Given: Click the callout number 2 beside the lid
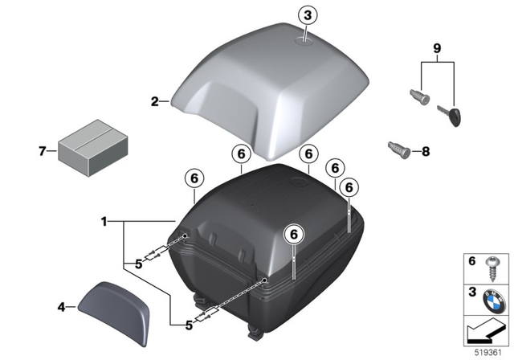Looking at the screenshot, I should coord(154,101).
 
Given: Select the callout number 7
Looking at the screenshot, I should coord(42,149).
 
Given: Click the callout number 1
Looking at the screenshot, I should coord(103,220).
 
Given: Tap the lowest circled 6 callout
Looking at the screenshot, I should coord(295,232).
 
